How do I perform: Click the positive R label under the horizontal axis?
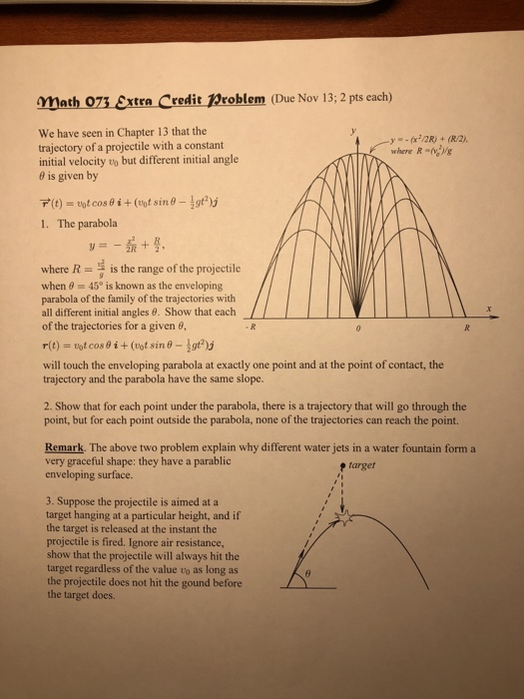click(482, 327)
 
